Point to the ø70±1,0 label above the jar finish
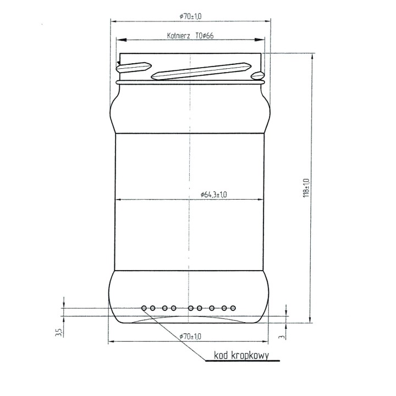(190, 17)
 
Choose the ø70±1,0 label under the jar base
(190, 336)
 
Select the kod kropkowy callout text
(242, 356)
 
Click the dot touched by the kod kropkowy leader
(144, 308)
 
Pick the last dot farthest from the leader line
(233, 308)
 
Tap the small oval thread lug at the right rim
(257, 75)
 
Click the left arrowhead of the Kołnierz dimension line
(119, 40)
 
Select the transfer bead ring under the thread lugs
(190, 81)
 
